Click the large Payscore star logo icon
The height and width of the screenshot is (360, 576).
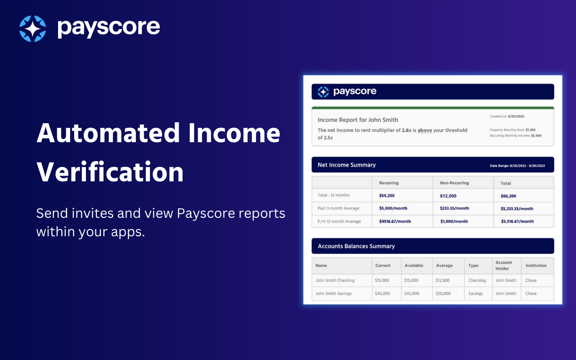[32, 29]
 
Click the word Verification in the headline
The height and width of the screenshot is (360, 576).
[110, 172]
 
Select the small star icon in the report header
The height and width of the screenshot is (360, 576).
[323, 92]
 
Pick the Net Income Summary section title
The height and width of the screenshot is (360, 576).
[346, 165]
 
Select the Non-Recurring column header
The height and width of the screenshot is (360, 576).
[454, 183]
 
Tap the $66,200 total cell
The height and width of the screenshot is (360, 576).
[508, 196]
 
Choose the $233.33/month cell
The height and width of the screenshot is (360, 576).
[454, 208]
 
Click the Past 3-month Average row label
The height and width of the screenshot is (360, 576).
[338, 208]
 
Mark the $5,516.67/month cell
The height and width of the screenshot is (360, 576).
[517, 221]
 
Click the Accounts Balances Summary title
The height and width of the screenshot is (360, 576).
[356, 246]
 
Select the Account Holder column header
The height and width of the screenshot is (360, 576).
[504, 265]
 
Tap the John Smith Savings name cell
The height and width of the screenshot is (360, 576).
[333, 293]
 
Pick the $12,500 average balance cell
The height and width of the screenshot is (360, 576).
[442, 280]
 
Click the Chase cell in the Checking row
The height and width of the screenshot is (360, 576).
[531, 280]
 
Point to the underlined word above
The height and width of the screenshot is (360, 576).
[424, 130]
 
